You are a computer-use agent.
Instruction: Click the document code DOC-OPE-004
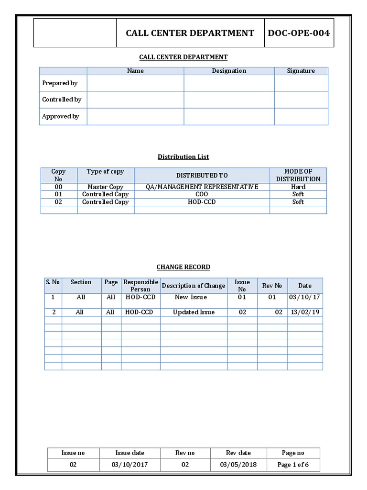tap(299, 33)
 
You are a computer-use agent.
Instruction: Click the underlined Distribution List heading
tap(183, 156)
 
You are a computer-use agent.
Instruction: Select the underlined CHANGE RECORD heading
tap(183, 267)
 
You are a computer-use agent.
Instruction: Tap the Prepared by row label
tap(60, 83)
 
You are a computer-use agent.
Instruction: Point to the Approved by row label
tap(60, 116)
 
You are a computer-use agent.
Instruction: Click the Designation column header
tap(229, 71)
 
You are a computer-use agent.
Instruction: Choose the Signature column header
tap(301, 71)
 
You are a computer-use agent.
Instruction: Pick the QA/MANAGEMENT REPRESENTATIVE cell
tap(202, 187)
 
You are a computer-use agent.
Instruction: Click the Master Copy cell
tap(105, 187)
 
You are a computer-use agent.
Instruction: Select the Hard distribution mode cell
tap(298, 187)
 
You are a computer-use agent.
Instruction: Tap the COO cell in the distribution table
tap(202, 194)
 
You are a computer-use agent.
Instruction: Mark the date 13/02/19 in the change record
tap(304, 312)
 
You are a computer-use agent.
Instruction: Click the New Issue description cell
tap(191, 297)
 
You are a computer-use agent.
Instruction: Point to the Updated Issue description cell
tap(194, 312)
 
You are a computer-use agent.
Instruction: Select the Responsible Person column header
tap(140, 286)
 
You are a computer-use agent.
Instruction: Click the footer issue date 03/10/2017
tap(130, 465)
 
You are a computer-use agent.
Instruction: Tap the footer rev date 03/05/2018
tap(238, 465)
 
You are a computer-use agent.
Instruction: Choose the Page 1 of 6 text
tap(293, 465)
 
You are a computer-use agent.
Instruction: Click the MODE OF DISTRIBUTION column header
tap(298, 175)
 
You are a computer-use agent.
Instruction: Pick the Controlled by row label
tap(62, 100)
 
